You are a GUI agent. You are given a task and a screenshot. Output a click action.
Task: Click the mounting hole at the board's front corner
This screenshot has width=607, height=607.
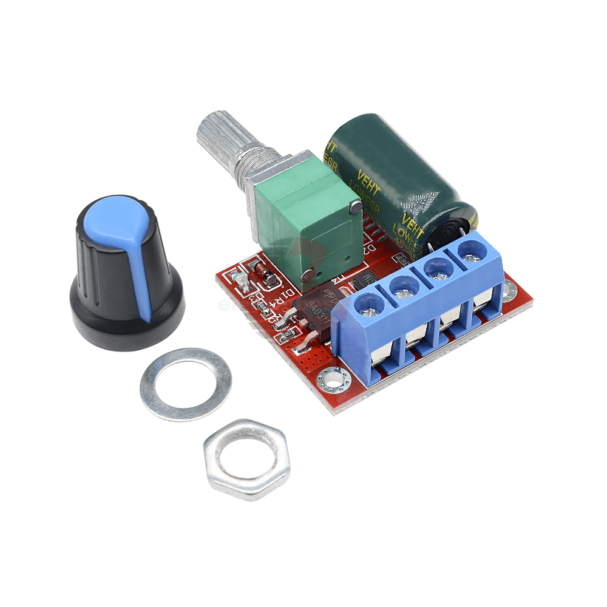[x=333, y=380]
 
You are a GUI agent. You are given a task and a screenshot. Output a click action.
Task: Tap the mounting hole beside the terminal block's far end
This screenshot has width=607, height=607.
[x=509, y=291]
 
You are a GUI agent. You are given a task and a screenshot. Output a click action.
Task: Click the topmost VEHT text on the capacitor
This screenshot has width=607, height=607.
[x=331, y=149]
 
